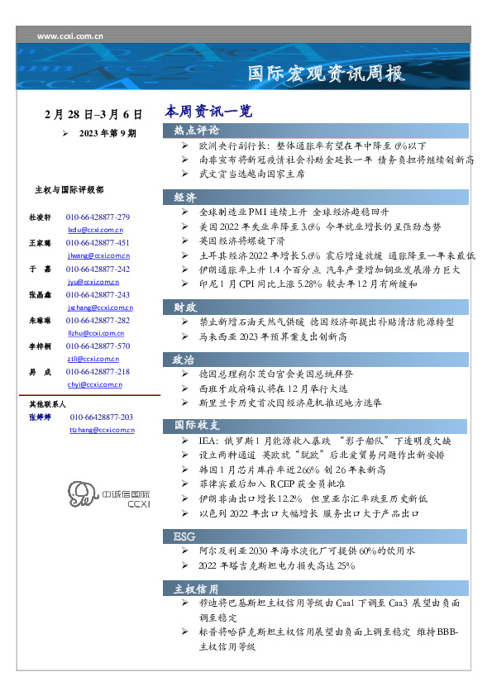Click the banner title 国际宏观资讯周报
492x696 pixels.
(327, 74)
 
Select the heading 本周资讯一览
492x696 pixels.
(208, 111)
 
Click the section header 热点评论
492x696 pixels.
(197, 131)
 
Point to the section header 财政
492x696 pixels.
(185, 307)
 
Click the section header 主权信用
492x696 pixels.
(197, 589)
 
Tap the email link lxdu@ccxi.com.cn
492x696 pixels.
(95, 229)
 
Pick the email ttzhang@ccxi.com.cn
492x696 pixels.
(102, 431)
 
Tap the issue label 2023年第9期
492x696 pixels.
(107, 132)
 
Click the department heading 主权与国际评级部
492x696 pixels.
(69, 190)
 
